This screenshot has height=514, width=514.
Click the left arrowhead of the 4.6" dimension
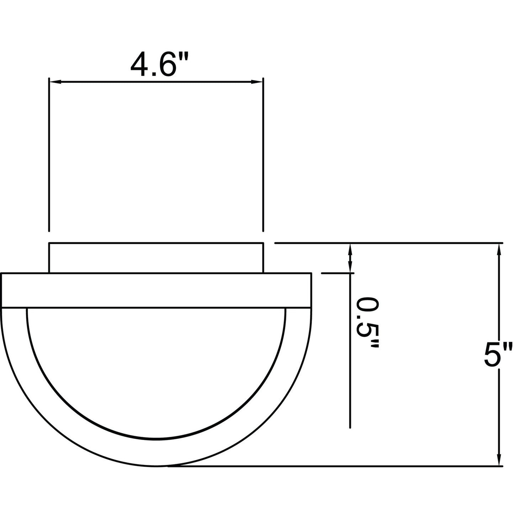coord(55,81)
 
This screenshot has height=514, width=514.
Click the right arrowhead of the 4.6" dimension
coord(257,81)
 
